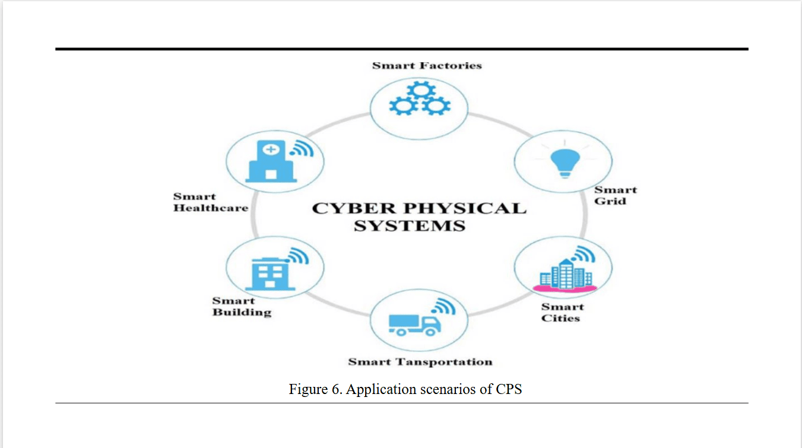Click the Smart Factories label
[x=427, y=65]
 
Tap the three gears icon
[x=420, y=99]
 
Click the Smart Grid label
[x=616, y=195]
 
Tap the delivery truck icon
[x=414, y=324]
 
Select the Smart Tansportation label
[x=420, y=361]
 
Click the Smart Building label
[x=242, y=306]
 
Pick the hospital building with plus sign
[x=270, y=161]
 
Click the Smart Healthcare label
[x=210, y=202]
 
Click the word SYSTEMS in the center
[x=410, y=226]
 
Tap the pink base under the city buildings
[x=565, y=289]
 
